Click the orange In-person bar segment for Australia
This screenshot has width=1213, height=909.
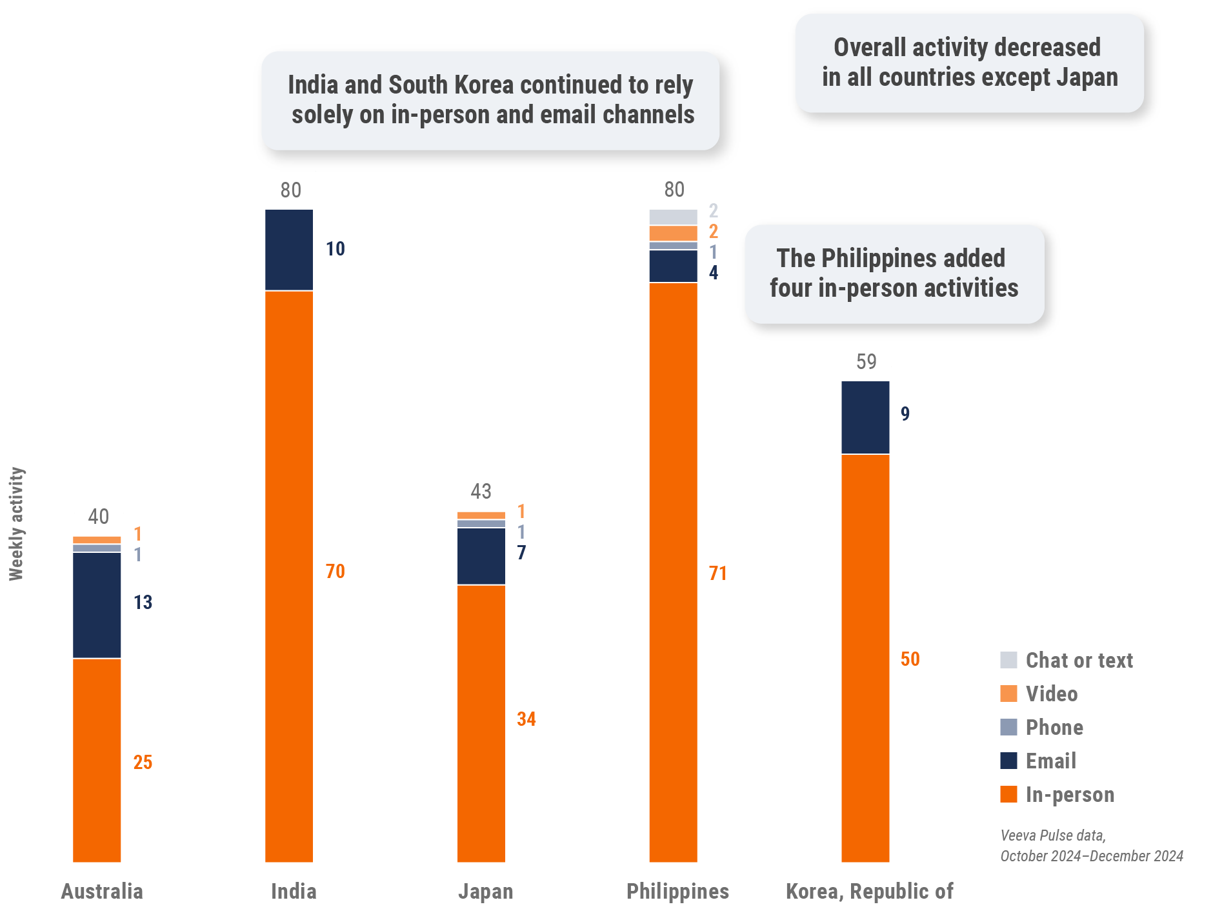tap(97, 760)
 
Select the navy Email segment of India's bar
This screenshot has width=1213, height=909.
tap(289, 250)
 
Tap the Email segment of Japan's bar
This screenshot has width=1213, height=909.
tap(481, 556)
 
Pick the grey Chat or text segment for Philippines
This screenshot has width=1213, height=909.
tap(673, 217)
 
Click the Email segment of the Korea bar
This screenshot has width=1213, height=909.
tap(865, 417)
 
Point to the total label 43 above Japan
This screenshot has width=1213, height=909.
tap(481, 492)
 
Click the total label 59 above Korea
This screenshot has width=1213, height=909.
tap(866, 362)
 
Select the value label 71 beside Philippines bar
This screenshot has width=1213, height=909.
tap(717, 574)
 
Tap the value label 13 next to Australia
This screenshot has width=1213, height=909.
tap(143, 603)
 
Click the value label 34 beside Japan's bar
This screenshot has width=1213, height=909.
tap(526, 719)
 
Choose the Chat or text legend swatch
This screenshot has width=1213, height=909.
tap(1008, 660)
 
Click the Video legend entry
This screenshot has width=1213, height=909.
tap(1052, 694)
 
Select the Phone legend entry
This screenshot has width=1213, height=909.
tap(1054, 728)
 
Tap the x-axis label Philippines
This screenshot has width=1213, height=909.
tap(677, 892)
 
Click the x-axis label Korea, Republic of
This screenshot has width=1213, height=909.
tap(869, 892)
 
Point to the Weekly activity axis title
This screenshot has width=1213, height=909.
tap(17, 524)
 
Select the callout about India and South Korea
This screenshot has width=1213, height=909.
tap(491, 100)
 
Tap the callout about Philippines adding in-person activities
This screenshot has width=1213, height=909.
tap(894, 274)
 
